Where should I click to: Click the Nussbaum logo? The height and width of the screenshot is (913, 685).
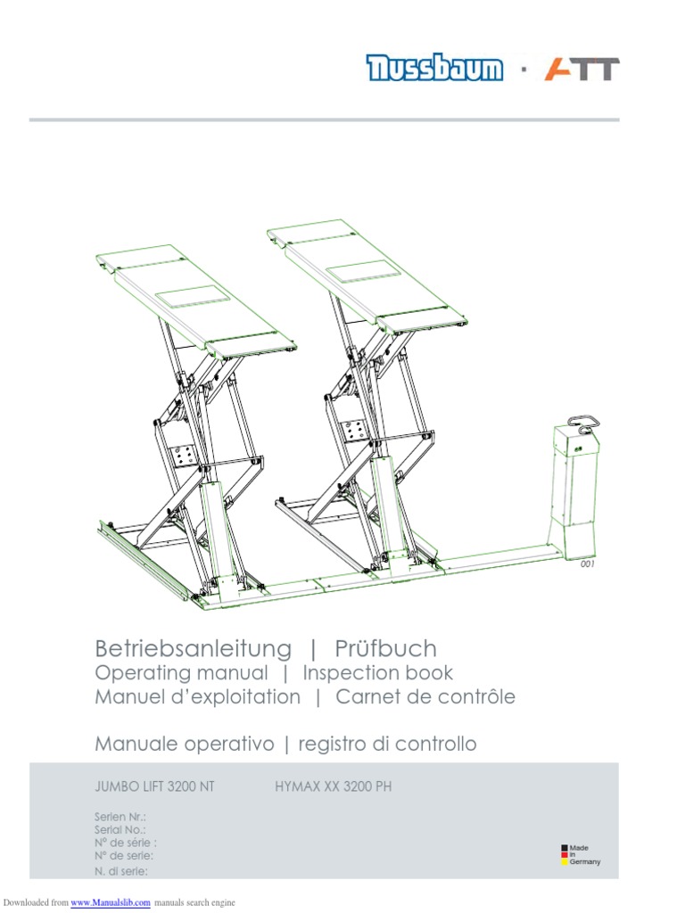[433, 69]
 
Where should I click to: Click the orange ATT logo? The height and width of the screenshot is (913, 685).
[582, 69]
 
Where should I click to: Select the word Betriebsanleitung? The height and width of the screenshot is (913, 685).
[193, 648]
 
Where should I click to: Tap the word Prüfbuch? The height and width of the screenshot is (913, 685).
[386, 648]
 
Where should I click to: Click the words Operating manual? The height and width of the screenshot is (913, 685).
[181, 673]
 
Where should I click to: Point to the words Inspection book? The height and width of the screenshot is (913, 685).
[377, 673]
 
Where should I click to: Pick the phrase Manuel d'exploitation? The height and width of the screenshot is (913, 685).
[197, 697]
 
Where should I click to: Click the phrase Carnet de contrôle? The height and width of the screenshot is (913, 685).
[425, 697]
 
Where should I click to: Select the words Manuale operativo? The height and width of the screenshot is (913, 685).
[184, 744]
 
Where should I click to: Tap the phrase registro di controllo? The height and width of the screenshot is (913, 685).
[388, 744]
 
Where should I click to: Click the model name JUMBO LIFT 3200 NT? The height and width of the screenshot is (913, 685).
[154, 786]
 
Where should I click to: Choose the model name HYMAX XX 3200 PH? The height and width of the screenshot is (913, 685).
[334, 786]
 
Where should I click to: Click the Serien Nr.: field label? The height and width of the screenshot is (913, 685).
[120, 817]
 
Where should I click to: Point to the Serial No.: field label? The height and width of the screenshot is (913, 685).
[120, 829]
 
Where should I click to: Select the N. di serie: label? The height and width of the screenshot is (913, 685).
[121, 871]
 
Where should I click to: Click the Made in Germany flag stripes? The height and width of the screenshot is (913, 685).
[565, 854]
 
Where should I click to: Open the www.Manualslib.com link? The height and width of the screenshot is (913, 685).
[104, 902]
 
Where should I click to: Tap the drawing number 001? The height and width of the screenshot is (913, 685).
[587, 564]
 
